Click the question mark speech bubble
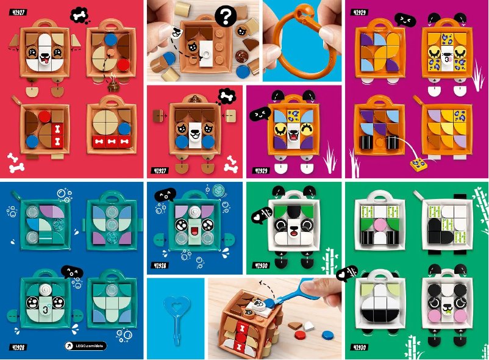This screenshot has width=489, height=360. click(227, 16)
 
